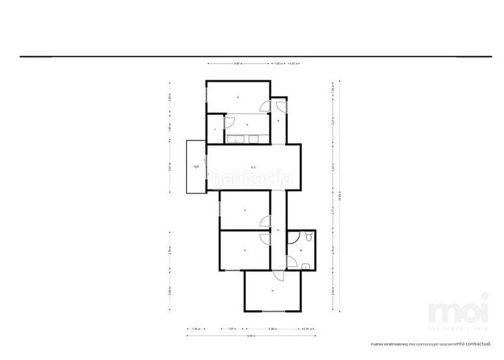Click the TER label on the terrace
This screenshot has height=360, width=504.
(196, 167)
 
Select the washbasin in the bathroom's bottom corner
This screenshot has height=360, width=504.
(304, 267)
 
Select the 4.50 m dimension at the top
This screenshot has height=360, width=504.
(239, 64)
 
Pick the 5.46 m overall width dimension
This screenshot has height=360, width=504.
(251, 336)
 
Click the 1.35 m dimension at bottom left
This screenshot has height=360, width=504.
(195, 328)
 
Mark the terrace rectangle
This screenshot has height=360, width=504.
(195, 167)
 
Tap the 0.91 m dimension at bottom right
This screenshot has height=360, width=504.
(307, 328)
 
